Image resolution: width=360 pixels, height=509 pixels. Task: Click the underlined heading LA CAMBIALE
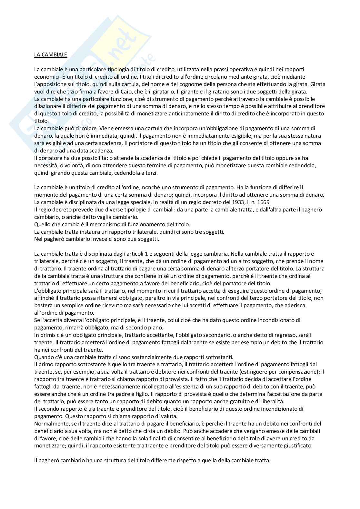pyautogui.click(x=51, y=54)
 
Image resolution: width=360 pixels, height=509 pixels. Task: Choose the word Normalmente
pyautogui.click(x=50, y=424)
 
